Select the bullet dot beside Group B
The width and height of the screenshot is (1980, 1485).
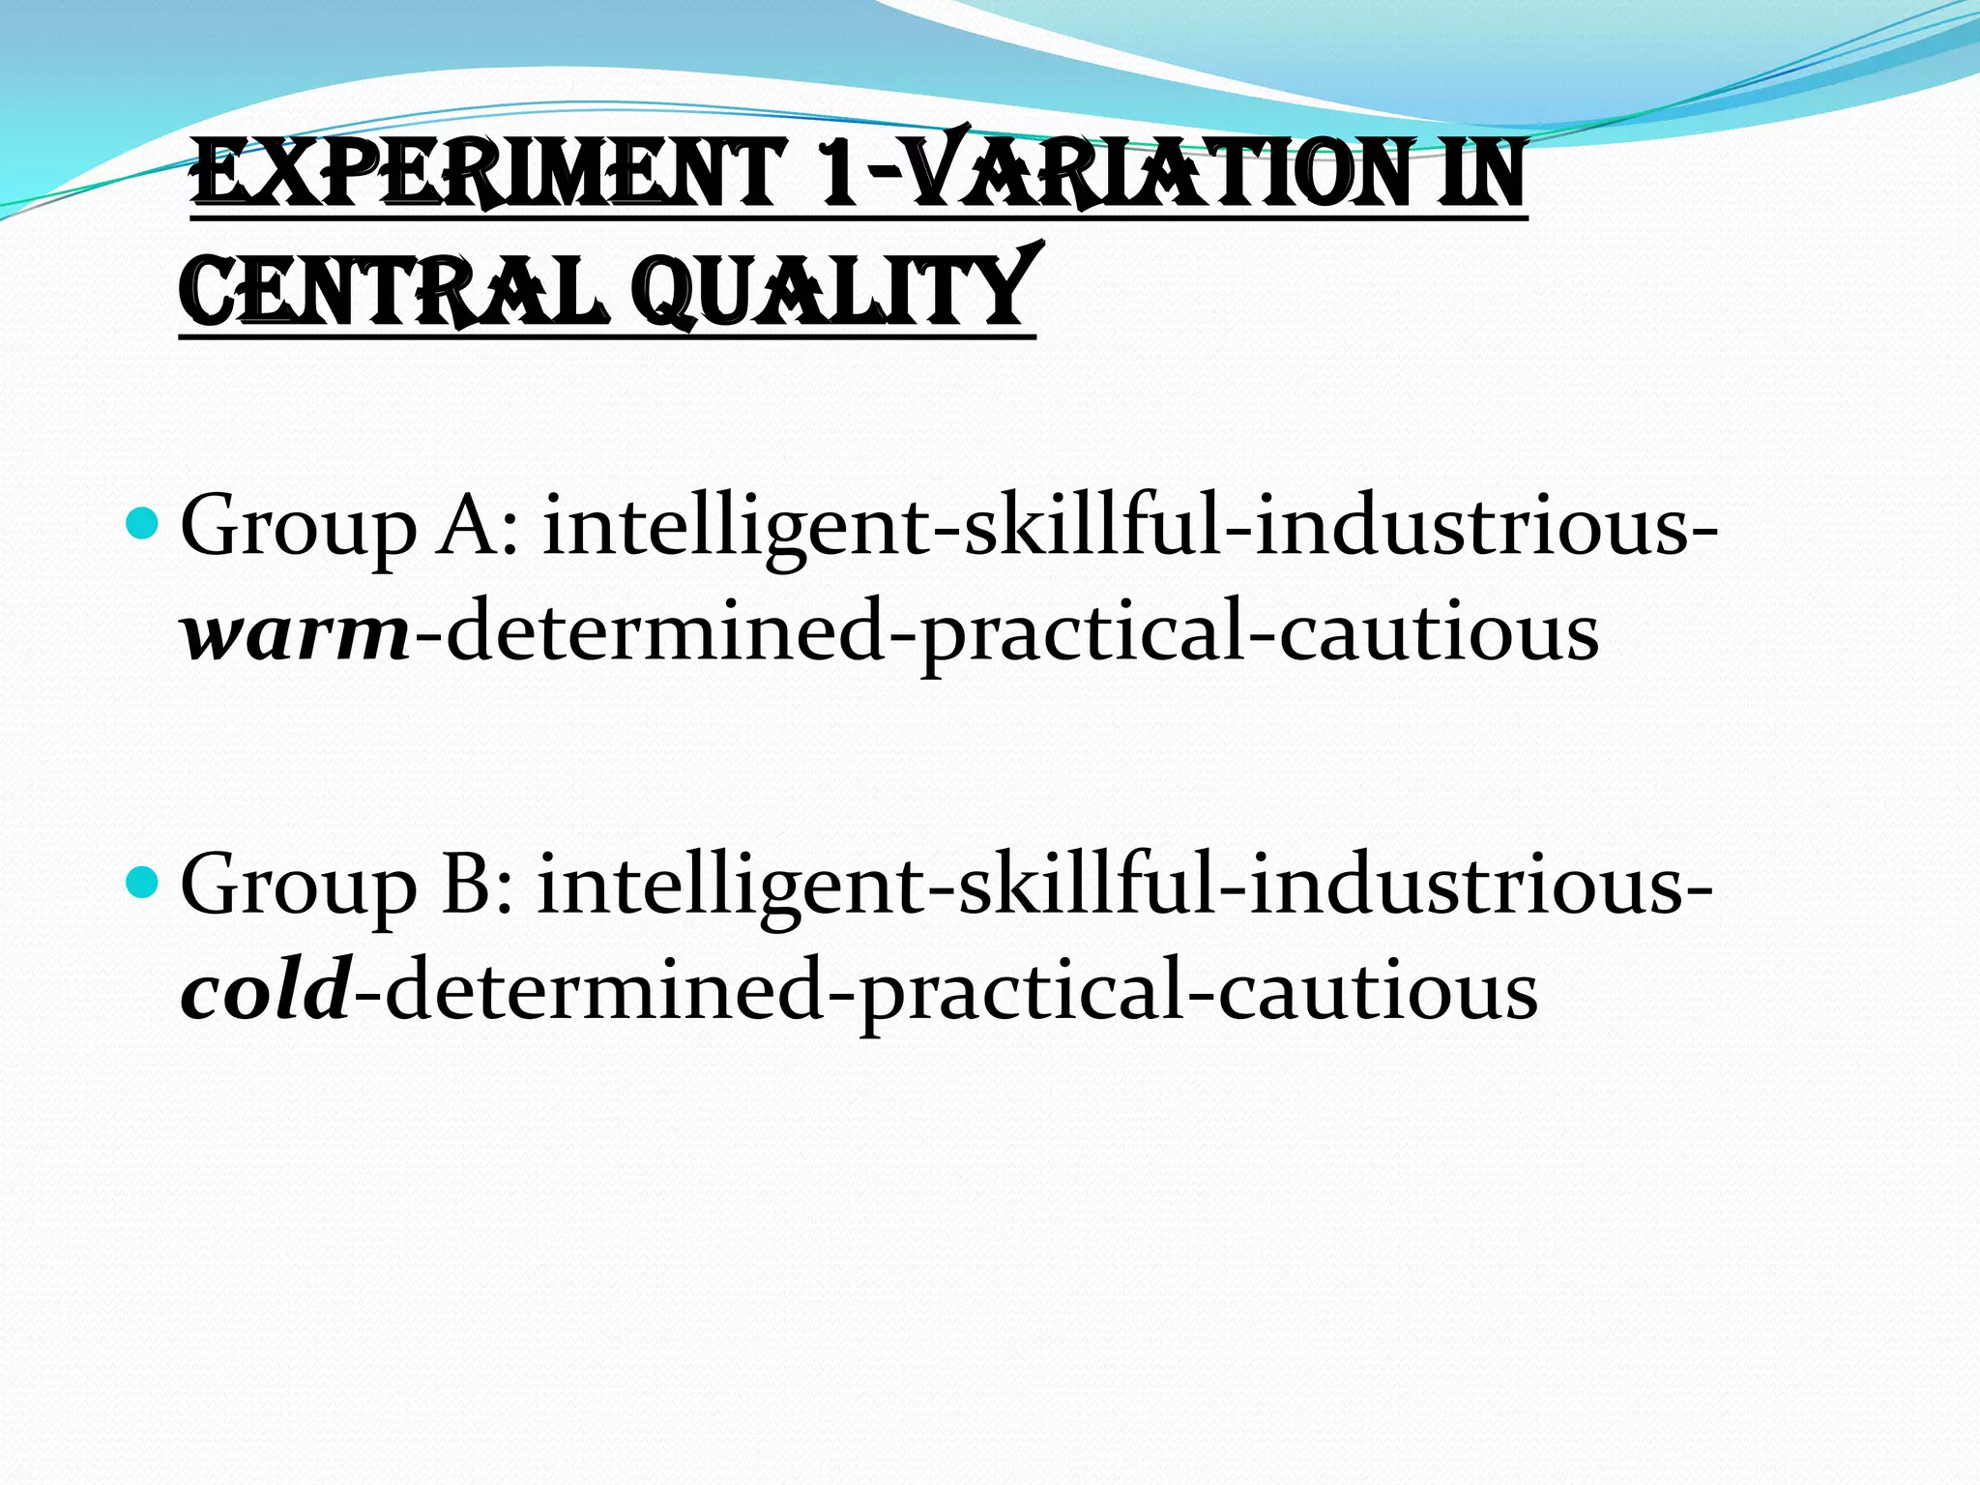142,882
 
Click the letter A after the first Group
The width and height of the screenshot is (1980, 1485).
474,527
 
